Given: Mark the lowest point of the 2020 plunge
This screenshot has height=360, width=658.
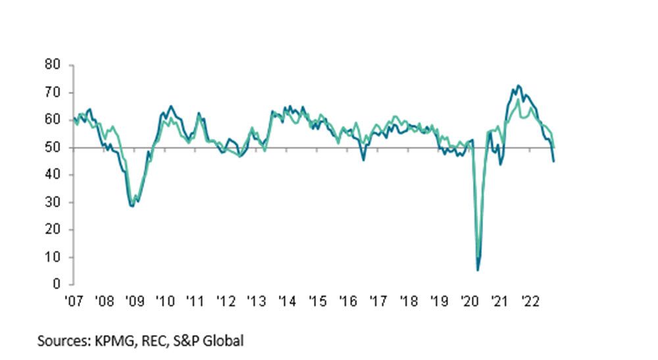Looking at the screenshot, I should pos(478,270).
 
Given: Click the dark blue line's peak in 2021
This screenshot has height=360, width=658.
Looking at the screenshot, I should pos(519,85).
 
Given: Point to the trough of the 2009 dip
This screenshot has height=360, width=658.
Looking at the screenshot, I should pos(132,206).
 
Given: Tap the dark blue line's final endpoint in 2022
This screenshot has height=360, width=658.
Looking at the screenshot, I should pos(553,161).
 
